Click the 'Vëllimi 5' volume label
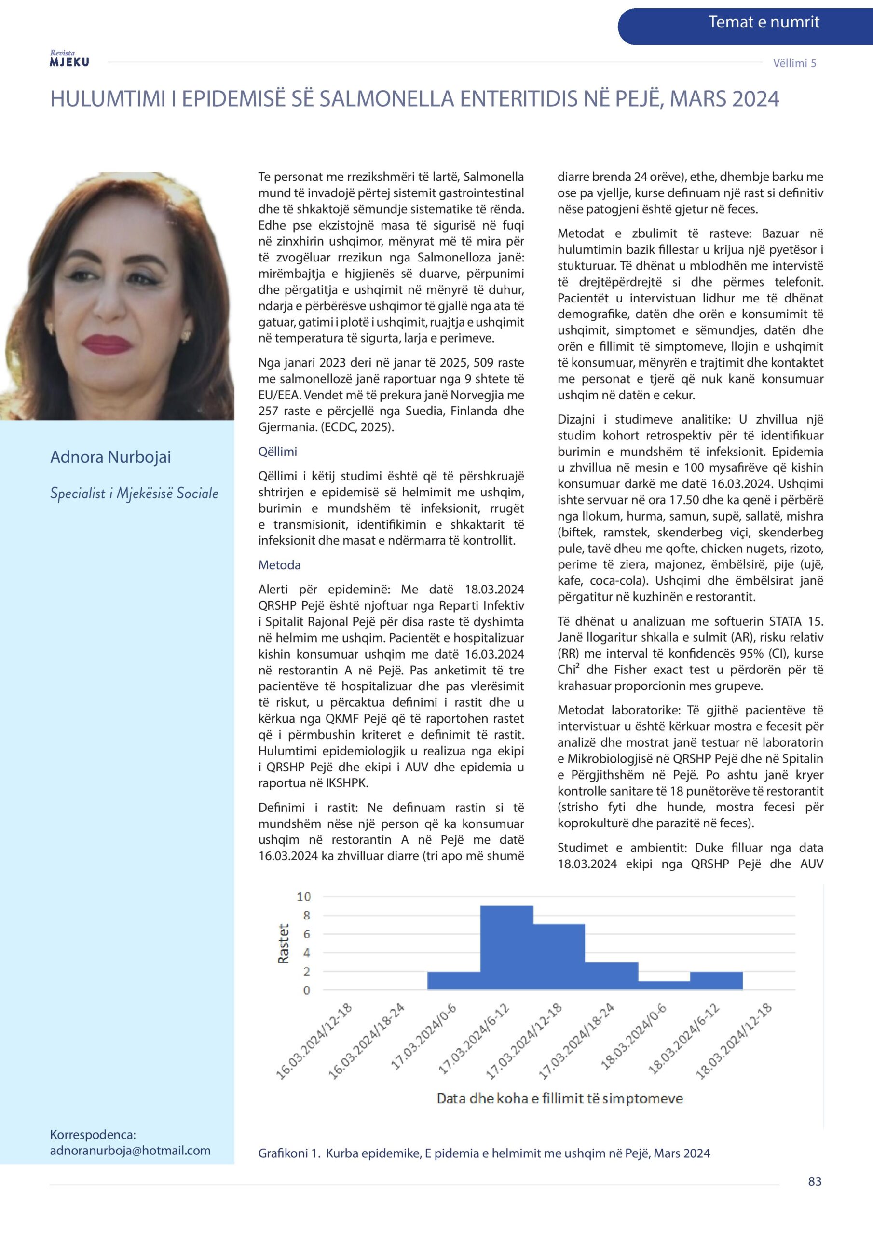(x=794, y=63)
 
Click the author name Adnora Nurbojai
(x=110, y=457)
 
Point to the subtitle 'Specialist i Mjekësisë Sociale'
(x=134, y=493)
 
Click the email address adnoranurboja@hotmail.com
(x=130, y=1150)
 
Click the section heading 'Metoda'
(x=279, y=565)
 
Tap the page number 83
(x=814, y=1181)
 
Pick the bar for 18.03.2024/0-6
(x=663, y=985)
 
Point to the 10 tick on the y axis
(x=304, y=897)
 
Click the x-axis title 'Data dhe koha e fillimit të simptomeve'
(x=559, y=1098)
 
